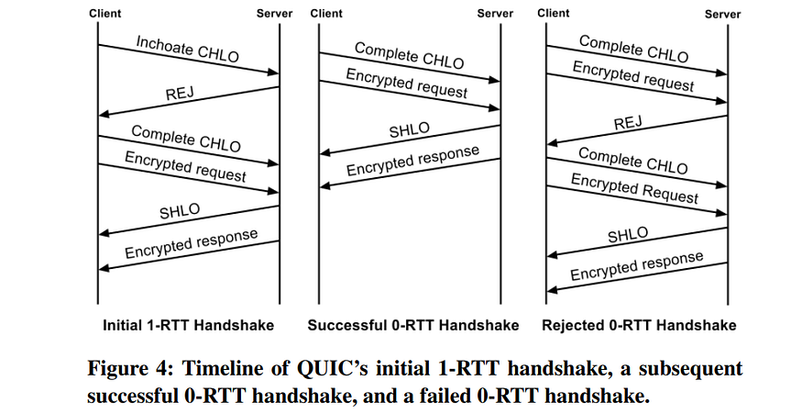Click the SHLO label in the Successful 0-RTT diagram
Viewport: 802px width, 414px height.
[409, 129]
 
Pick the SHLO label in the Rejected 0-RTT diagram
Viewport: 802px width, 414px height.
[628, 235]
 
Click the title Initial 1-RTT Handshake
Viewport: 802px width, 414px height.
[188, 325]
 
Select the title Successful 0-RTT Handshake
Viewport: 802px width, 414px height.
[412, 325]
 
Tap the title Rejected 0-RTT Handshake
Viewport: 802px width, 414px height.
[639, 325]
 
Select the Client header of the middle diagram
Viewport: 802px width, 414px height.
[326, 13]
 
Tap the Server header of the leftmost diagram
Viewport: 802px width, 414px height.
[273, 13]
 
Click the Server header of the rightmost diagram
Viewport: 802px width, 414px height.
[722, 14]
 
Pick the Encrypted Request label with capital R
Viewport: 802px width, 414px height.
[634, 187]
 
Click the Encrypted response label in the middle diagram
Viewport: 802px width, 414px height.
[412, 161]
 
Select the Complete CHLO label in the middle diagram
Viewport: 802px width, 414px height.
[409, 54]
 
